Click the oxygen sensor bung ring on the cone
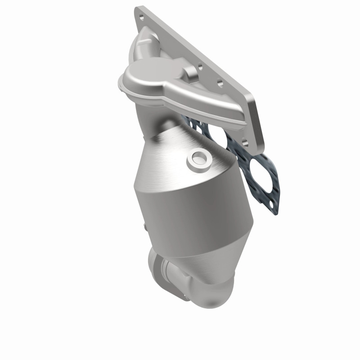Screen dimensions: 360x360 [198, 158]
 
